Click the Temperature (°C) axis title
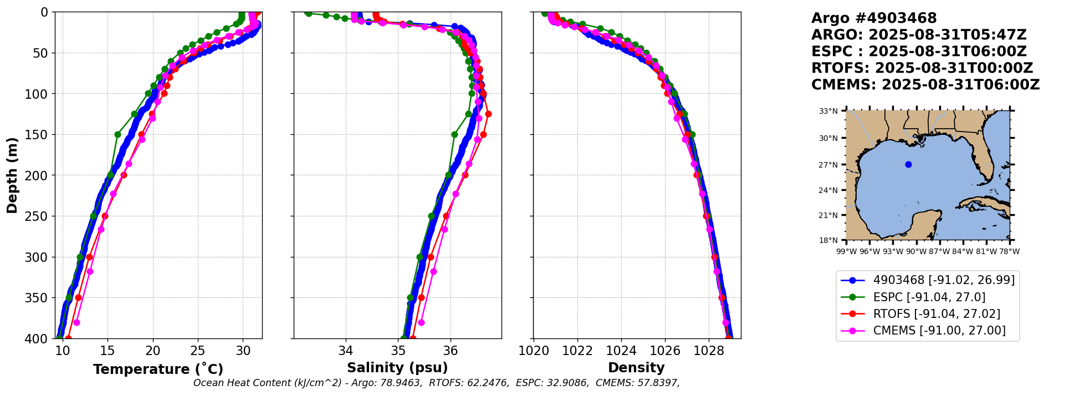point(158,369)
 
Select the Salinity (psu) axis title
point(397,368)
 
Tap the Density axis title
point(636,368)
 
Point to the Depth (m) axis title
point(12,175)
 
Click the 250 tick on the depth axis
point(39,216)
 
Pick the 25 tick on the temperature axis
point(198,351)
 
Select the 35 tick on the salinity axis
point(398,351)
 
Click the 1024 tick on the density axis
point(621,351)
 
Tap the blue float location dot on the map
point(908,164)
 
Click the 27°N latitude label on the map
point(828,165)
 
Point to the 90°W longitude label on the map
point(916,251)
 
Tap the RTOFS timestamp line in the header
point(922,68)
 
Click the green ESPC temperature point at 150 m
point(117,134)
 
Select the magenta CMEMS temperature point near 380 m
point(76,322)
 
